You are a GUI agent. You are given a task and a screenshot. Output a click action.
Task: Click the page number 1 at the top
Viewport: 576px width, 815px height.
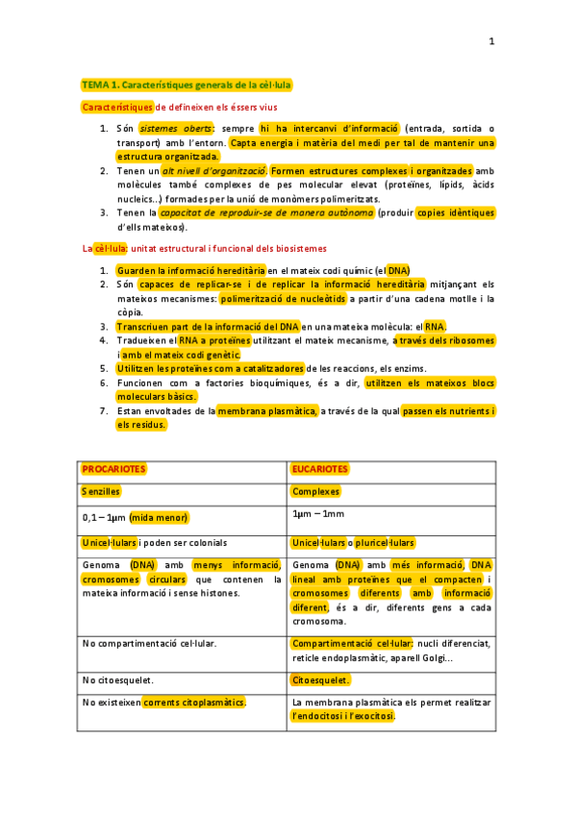pyautogui.click(x=490, y=41)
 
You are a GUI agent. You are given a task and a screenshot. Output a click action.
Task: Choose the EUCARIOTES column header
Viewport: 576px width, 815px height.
pyautogui.click(x=320, y=469)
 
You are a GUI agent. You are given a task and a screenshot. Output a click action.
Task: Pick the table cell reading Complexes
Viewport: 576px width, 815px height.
pyautogui.click(x=317, y=491)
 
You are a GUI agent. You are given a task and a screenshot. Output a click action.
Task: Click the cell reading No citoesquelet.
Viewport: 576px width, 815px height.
pyautogui.click(x=118, y=680)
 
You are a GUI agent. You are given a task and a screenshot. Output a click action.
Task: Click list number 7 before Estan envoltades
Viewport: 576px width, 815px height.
pyautogui.click(x=103, y=411)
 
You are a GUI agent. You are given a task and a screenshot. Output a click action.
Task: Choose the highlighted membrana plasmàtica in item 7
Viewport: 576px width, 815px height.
pyautogui.click(x=267, y=411)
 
